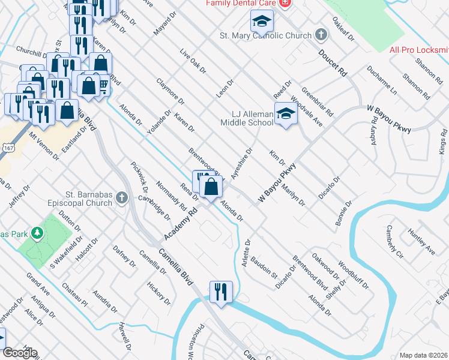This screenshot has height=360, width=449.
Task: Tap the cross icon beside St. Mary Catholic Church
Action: pos(321,34)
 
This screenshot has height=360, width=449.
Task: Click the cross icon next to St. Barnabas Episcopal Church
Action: pos(122,197)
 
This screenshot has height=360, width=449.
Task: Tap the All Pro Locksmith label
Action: pos(419,50)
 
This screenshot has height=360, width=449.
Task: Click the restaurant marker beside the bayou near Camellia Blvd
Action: pos(221,292)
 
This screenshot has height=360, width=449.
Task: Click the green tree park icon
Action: pos(37,232)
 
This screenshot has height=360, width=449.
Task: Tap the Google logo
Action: pos(20,353)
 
